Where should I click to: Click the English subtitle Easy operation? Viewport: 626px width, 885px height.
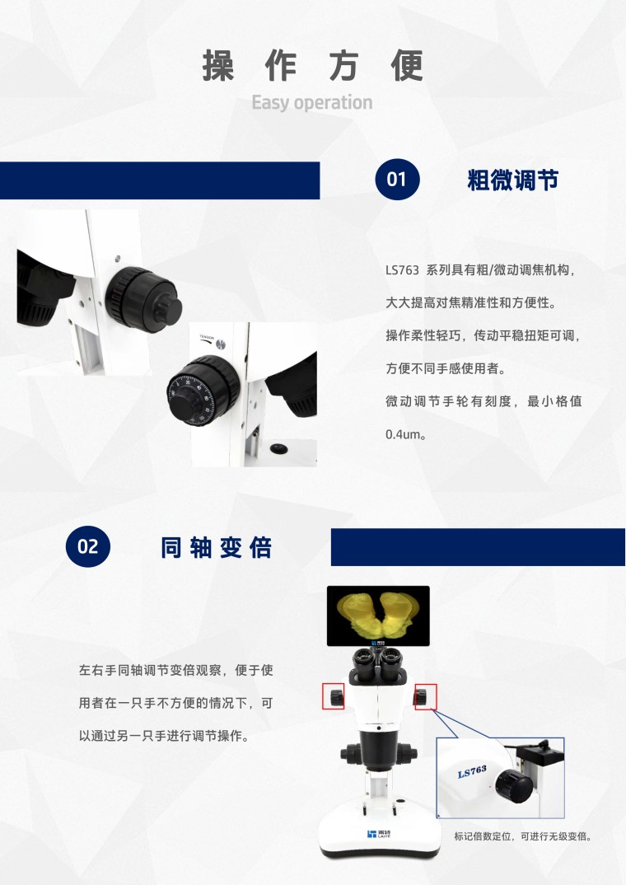(312, 103)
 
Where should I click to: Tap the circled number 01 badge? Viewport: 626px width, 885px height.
(397, 180)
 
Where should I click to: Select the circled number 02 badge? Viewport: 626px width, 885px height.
(88, 546)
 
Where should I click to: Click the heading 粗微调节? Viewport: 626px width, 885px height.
(512, 180)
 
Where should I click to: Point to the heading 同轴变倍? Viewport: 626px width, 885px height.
(217, 547)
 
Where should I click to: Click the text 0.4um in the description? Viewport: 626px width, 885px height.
(404, 434)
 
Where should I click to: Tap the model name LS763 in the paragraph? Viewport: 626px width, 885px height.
(402, 270)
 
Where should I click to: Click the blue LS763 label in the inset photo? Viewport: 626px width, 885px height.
(472, 771)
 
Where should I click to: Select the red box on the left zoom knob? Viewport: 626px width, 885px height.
(334, 696)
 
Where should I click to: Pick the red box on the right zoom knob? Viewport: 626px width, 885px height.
(426, 697)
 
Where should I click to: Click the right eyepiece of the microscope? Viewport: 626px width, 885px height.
(390, 658)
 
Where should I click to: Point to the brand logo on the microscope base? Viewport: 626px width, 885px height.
(378, 834)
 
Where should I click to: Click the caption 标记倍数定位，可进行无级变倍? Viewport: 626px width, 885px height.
(523, 836)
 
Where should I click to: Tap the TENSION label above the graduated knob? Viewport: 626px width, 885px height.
(207, 338)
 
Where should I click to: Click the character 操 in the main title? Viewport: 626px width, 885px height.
(219, 66)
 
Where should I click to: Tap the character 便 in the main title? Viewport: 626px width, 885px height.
(407, 66)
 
